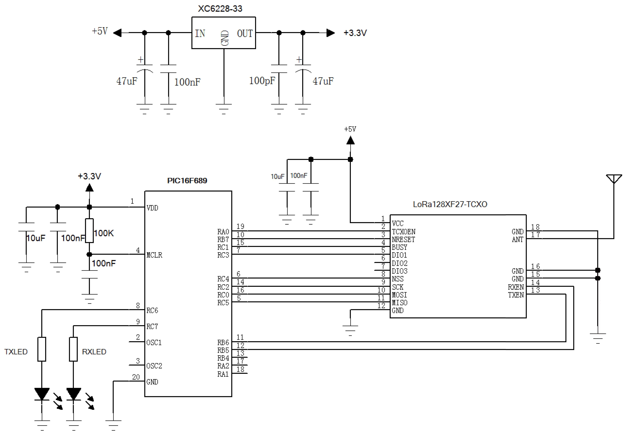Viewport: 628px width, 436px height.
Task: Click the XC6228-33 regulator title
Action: (220, 9)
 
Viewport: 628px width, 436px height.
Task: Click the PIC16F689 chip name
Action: (187, 181)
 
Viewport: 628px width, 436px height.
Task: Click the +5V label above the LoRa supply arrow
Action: (350, 129)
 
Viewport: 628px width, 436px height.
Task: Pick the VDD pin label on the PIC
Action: (152, 208)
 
